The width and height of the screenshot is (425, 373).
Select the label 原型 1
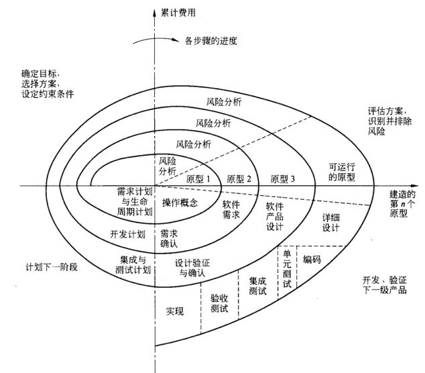click(x=199, y=179)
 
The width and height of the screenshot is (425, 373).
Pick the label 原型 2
click(x=239, y=179)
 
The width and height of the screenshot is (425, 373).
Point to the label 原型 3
click(x=283, y=179)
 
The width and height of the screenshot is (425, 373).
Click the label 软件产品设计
click(x=276, y=217)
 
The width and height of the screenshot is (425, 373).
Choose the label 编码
click(x=312, y=258)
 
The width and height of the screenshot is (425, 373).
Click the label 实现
click(x=175, y=311)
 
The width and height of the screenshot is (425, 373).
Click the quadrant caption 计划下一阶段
click(x=52, y=266)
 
